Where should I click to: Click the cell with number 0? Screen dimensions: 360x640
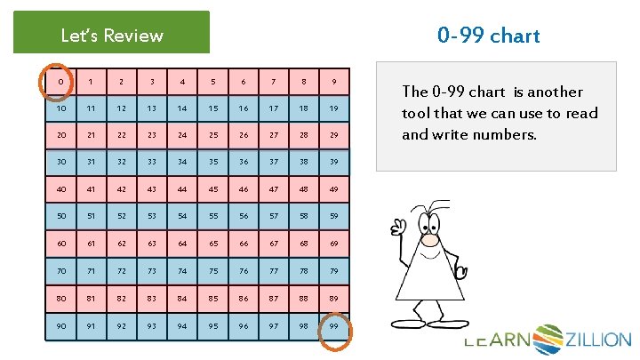(x=60, y=83)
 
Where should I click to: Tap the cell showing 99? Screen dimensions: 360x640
(x=334, y=326)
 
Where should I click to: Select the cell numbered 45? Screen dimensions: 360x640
(x=212, y=189)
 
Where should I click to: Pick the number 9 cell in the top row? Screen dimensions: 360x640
(x=334, y=83)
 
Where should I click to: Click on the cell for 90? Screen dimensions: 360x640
(x=60, y=326)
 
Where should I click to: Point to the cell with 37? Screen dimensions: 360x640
(x=274, y=164)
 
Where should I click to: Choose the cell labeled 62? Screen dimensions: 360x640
(x=122, y=244)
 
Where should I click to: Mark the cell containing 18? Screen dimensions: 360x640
(x=304, y=109)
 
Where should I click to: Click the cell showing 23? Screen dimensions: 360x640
(x=152, y=136)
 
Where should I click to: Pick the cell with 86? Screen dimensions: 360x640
(x=244, y=300)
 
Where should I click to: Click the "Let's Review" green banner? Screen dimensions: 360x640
(x=112, y=35)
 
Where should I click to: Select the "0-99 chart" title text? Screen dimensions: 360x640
(x=488, y=36)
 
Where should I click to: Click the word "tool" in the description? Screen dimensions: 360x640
(x=419, y=114)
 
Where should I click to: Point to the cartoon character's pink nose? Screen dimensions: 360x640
(x=430, y=239)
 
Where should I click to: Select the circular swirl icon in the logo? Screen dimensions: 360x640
(x=548, y=339)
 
